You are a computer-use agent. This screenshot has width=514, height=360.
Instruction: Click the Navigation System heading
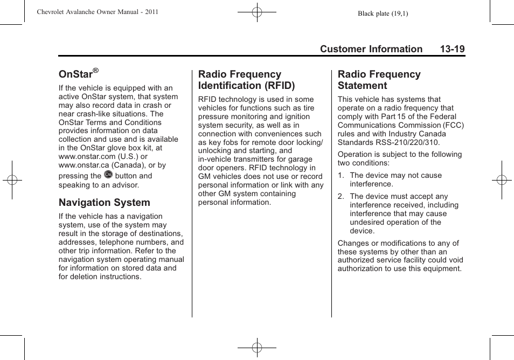(105, 203)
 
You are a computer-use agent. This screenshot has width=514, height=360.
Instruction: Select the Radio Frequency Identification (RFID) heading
(246, 80)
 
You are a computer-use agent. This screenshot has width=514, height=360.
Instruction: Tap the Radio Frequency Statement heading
(379, 80)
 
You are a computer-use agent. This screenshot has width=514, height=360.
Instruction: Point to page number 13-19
(452, 49)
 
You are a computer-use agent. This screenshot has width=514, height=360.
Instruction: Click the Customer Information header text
(371, 49)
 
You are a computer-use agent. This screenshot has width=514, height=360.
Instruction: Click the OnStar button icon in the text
(108, 175)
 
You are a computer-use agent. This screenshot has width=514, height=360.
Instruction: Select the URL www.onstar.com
(87, 156)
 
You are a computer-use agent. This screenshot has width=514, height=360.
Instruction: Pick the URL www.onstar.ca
(84, 165)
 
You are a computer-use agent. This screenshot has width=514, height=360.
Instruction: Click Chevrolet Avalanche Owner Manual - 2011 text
(98, 12)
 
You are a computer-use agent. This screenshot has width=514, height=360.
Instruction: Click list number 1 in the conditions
(341, 175)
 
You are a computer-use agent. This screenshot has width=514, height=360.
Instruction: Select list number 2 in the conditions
(341, 197)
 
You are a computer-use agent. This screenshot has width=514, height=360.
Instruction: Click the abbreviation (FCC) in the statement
(453, 125)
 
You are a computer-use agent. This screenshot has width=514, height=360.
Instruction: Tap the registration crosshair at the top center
(257, 12)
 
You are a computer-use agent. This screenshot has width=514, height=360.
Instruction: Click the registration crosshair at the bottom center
(257, 348)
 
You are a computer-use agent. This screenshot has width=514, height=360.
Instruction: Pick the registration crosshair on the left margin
(12, 180)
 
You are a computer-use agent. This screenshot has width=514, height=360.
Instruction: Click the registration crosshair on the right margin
(501, 180)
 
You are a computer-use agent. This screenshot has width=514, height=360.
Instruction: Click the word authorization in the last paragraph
(359, 268)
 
